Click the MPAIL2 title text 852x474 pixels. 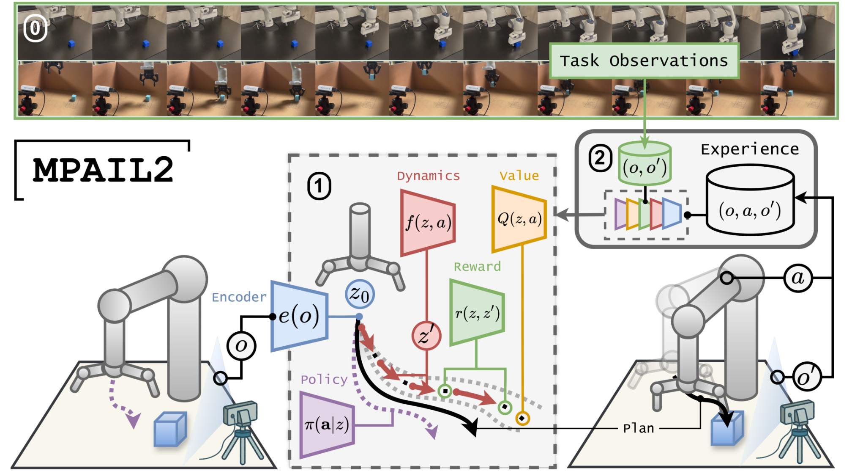103,170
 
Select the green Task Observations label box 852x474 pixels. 644,61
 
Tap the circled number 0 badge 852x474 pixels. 35,29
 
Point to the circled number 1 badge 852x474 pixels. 319,186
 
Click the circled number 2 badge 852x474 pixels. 600,158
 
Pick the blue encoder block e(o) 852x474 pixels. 299,316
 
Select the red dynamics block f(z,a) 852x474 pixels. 428,223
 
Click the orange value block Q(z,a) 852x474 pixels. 519,219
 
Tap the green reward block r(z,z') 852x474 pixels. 477,313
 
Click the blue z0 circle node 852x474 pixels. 360,294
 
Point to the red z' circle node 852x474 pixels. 426,336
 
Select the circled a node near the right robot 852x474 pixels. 798,278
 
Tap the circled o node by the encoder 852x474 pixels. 241,346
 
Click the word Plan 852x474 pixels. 639,429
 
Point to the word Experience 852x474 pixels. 750,149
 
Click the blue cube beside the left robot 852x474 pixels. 170,429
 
